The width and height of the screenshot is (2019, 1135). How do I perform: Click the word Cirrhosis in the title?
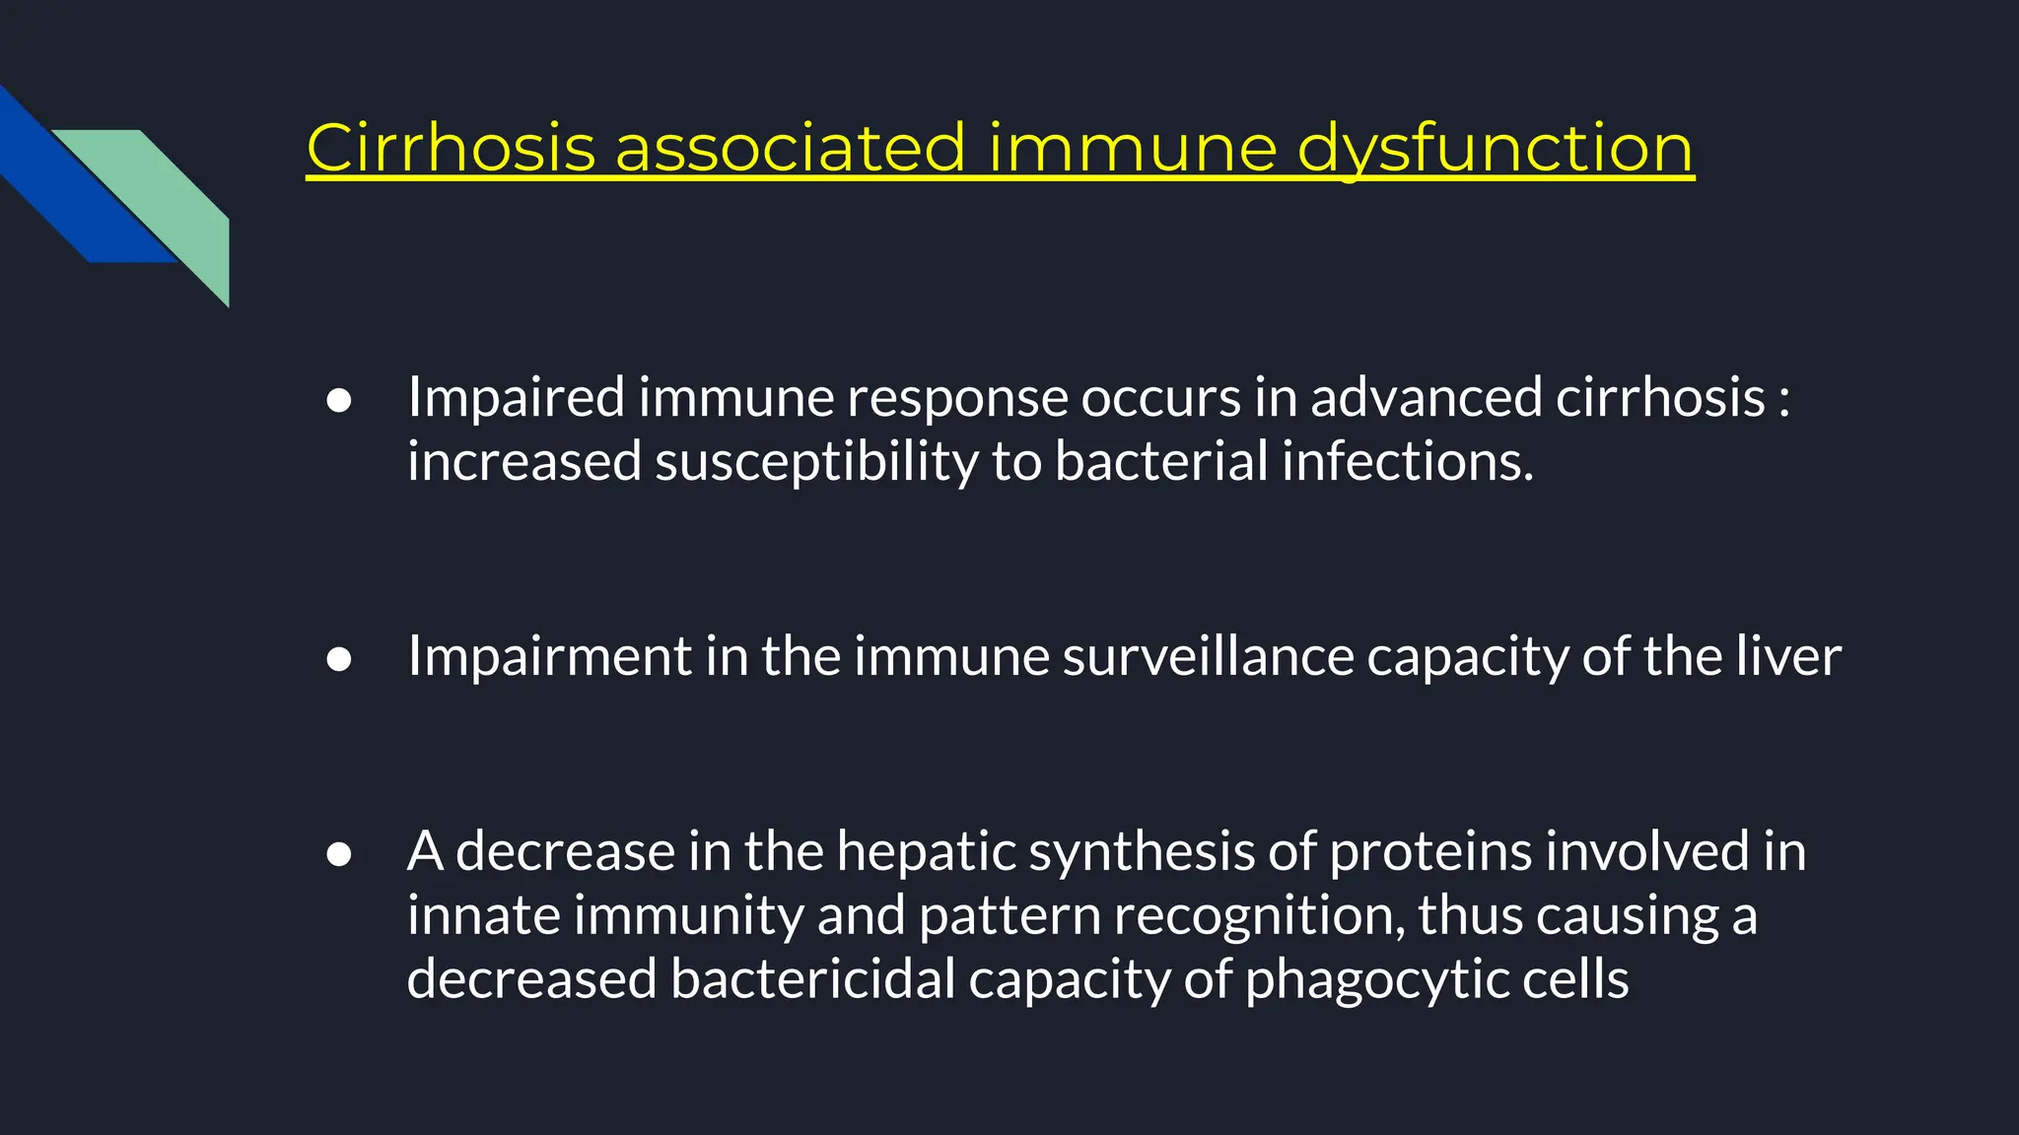451,149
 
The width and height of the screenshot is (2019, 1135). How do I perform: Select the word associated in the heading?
790,149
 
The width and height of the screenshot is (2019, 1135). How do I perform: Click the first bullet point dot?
339,400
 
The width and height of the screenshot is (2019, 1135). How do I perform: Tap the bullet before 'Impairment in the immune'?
339,659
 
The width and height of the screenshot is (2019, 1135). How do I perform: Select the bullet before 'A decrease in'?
339,853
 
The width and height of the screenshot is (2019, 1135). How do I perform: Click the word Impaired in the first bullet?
516,398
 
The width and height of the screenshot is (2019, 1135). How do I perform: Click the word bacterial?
1161,462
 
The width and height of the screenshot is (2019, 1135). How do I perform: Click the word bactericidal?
812,980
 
